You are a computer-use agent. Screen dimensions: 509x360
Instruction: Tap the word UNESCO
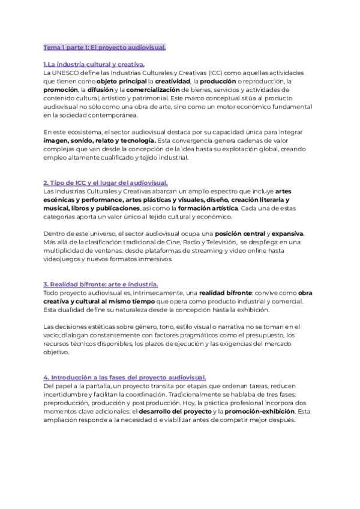(67, 73)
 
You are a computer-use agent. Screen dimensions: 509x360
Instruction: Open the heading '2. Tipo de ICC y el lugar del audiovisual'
(106, 182)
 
